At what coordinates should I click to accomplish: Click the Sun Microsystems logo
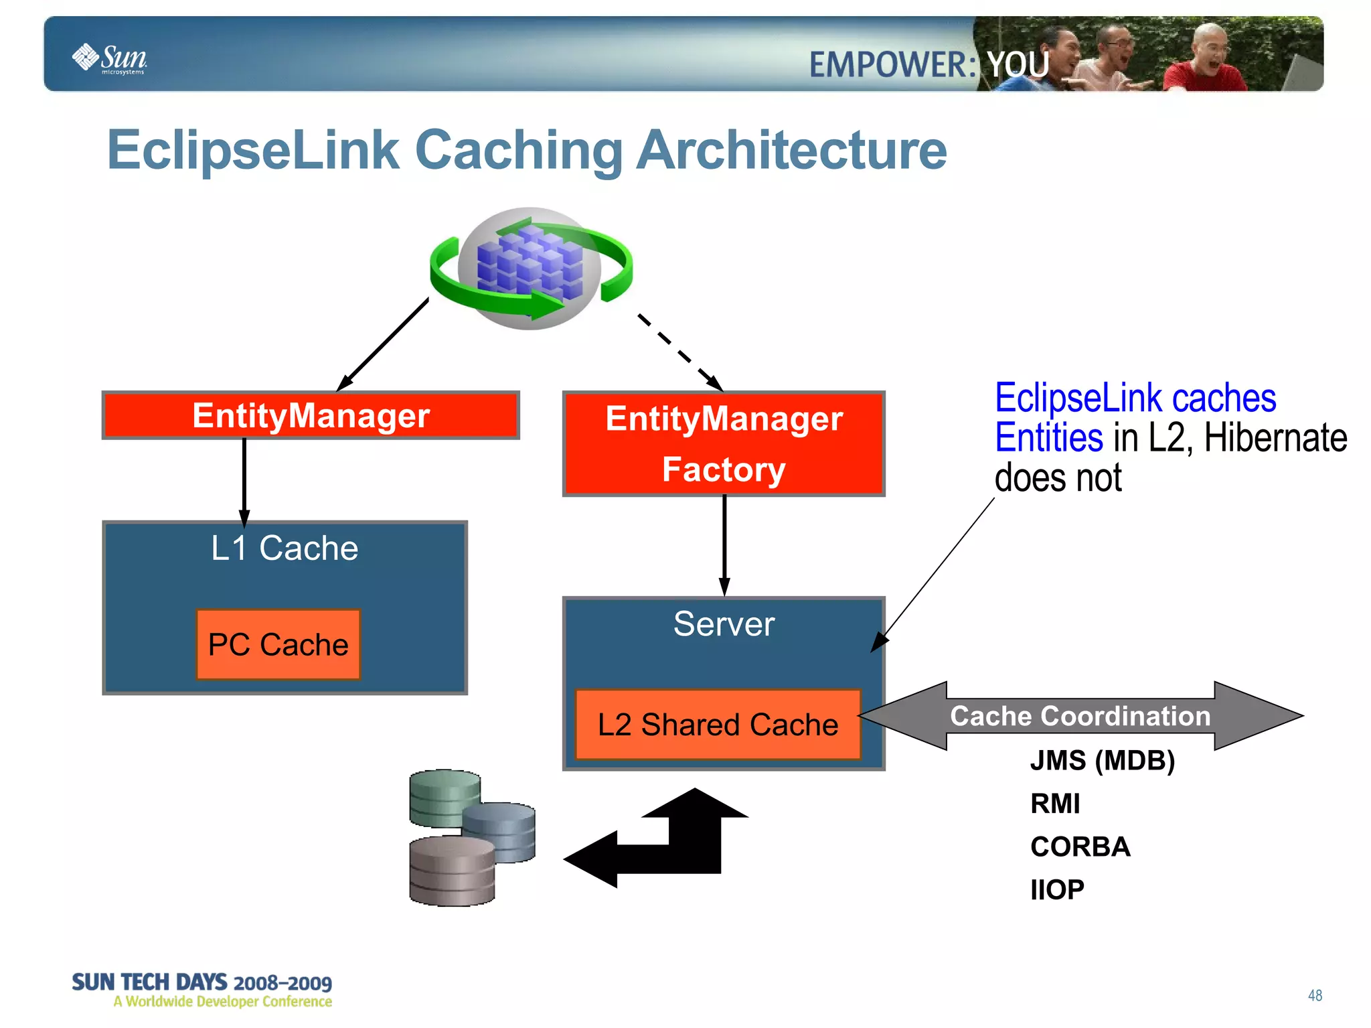110,58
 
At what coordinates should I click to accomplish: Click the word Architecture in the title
791,150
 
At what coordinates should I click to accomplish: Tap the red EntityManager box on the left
311,415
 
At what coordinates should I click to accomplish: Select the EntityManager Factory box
724,443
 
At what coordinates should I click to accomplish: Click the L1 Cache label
285,548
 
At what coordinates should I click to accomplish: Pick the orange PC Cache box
278,644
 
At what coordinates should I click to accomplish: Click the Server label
724,624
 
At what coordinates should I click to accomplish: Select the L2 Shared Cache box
718,725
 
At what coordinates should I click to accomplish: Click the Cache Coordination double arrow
1080,716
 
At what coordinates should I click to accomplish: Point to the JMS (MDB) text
1102,761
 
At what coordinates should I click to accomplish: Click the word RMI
1055,804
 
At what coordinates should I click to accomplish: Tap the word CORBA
1080,847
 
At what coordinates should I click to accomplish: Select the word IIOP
1057,890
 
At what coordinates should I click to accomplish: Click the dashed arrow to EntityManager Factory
679,352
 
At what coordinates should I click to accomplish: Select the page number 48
1315,995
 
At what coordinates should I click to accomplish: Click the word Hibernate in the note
1275,438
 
